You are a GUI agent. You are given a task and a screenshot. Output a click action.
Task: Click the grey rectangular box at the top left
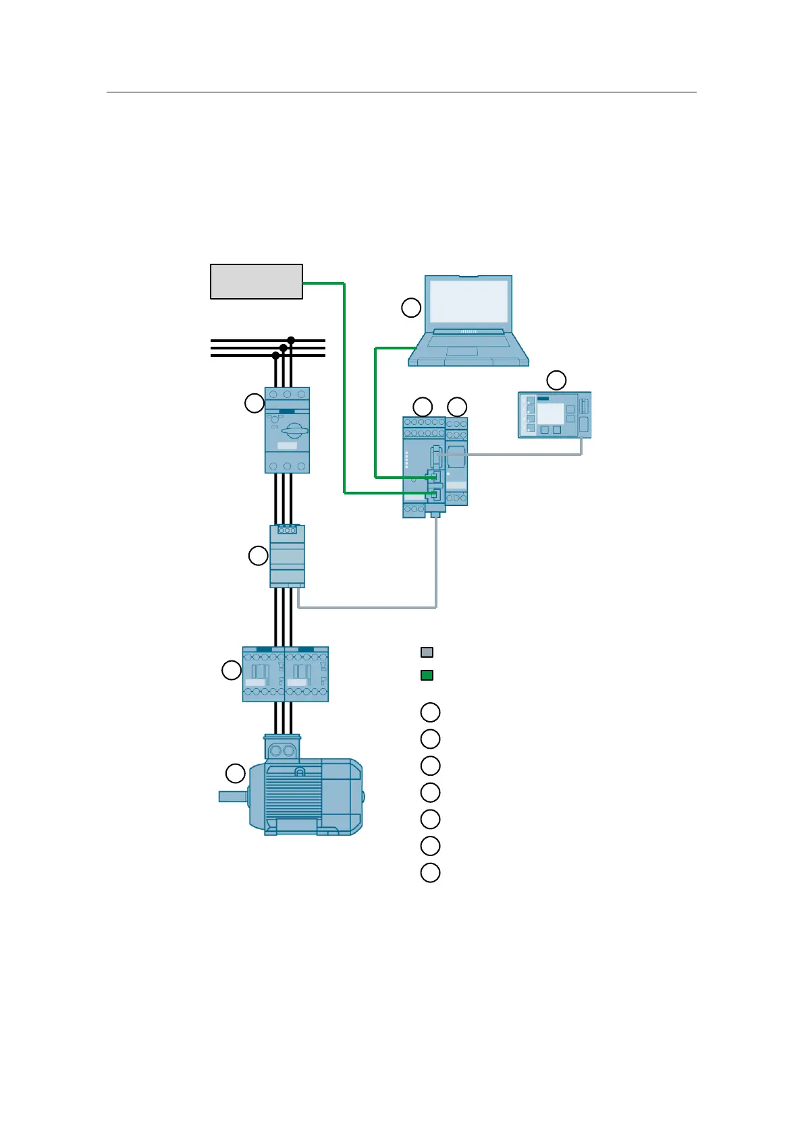256,281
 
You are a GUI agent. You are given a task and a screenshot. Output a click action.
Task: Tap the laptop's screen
468,301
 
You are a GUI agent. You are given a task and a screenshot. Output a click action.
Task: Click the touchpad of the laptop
462,351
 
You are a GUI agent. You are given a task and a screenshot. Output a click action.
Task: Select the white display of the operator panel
550,414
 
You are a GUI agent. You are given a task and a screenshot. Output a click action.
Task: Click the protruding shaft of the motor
232,797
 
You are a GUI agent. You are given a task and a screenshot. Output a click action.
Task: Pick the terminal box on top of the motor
282,749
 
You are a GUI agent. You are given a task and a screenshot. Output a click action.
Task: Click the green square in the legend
427,675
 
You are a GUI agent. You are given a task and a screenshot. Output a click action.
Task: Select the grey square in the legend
427,652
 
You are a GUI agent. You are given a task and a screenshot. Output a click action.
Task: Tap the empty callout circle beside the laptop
411,308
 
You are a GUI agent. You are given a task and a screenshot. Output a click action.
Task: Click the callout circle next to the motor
235,773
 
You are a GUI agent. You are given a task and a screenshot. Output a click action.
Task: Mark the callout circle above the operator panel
556,380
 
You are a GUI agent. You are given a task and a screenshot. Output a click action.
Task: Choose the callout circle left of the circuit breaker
254,403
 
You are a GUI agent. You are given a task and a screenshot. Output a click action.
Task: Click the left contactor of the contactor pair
264,674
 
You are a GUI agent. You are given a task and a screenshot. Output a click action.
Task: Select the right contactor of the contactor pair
306,674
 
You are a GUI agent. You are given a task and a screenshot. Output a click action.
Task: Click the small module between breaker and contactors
287,556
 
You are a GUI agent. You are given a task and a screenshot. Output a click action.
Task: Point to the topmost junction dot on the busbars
291,339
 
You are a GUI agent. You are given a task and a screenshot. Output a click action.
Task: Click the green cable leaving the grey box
344,385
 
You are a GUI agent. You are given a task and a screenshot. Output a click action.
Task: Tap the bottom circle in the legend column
430,872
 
